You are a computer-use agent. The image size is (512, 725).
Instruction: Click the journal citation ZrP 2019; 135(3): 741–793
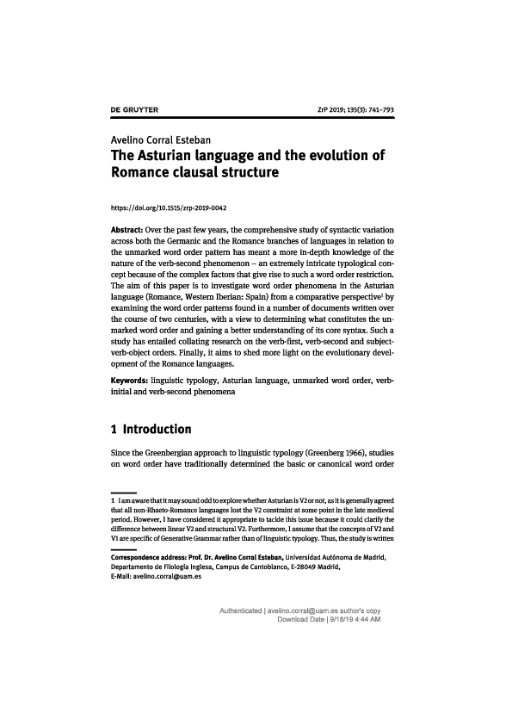(x=356, y=111)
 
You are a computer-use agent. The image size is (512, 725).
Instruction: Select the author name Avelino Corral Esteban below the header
(x=163, y=139)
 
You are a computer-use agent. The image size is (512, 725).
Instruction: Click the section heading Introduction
(x=157, y=429)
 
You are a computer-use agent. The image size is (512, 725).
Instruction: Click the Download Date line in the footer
(x=330, y=619)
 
